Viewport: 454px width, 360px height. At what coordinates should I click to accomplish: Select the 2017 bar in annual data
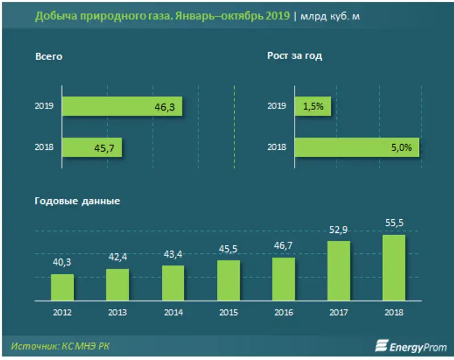coord(338,271)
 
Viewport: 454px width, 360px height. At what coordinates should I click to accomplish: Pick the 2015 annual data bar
coord(228,281)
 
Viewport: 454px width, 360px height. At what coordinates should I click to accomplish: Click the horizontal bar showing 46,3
coord(122,106)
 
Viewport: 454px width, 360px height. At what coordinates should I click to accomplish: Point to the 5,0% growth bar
coord(357,148)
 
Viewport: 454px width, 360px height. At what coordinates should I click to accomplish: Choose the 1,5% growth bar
coord(313,106)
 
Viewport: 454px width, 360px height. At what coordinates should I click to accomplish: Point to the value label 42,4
coord(117,257)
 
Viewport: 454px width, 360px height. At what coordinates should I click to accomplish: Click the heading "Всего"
coord(48,57)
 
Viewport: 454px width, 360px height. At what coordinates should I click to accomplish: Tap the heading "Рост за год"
coord(295,57)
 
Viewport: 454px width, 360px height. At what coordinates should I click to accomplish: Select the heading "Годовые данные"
coord(77,201)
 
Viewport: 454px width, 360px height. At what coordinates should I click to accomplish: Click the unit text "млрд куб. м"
coord(332,16)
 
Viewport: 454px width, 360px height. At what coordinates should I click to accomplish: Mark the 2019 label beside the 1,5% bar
coord(277,106)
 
